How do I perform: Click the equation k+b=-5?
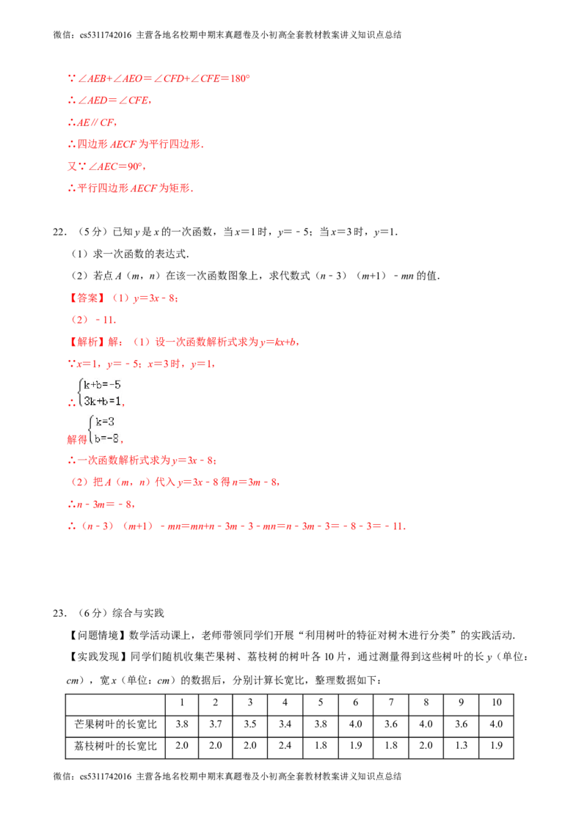tap(102, 383)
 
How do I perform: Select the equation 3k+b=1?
tap(102, 401)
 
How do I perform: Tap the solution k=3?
tap(105, 422)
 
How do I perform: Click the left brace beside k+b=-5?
tap(79, 392)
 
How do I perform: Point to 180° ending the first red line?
tap(242, 77)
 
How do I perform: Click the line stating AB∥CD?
tap(92, 122)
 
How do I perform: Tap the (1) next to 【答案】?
tap(120, 298)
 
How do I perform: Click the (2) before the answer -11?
tap(79, 320)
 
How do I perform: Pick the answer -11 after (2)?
tap(106, 320)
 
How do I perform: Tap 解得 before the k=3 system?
tap(76, 440)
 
